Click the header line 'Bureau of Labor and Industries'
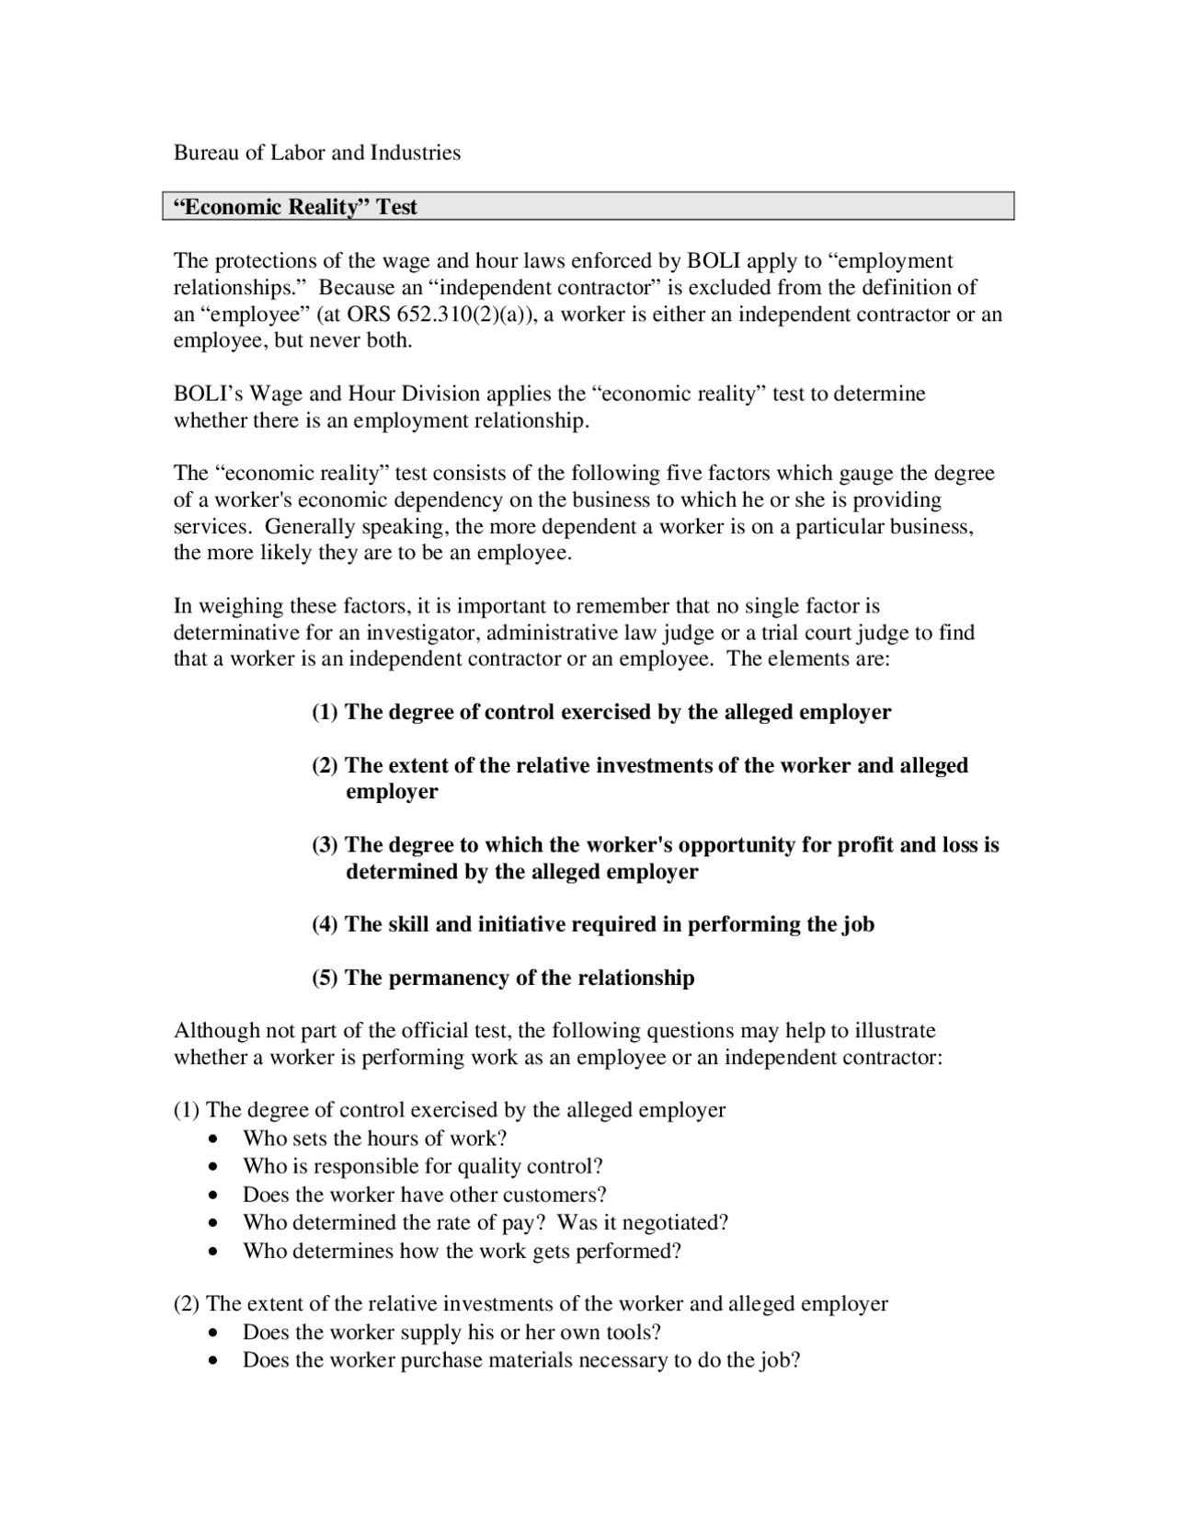317,153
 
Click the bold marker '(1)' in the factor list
325,713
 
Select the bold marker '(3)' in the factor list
325,845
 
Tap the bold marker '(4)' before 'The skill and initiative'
325,925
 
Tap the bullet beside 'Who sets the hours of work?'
214,1139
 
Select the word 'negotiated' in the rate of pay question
673,1223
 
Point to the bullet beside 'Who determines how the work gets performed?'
214,1253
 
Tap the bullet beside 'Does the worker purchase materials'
214,1361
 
